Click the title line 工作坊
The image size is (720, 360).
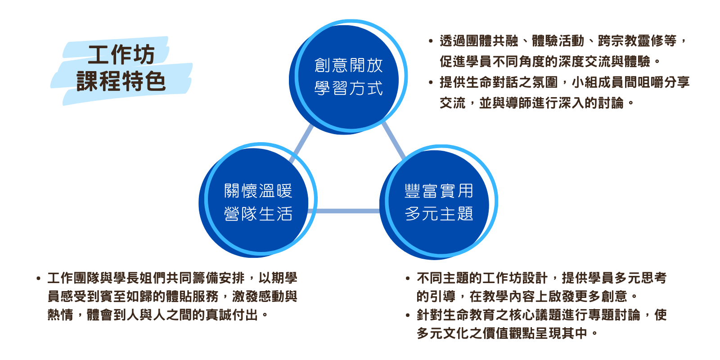[122, 55]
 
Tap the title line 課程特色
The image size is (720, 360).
[121, 81]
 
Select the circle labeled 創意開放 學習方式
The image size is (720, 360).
[348, 77]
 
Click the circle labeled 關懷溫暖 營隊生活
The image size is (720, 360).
[258, 200]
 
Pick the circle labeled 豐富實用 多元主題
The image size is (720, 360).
[439, 202]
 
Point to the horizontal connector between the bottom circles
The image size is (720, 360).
[344, 211]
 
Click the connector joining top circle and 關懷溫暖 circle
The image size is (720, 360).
[301, 144]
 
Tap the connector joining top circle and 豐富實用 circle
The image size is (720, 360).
[394, 140]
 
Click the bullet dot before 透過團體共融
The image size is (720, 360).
[431, 41]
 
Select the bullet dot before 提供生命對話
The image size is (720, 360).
[431, 83]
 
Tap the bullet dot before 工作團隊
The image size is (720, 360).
[39, 279]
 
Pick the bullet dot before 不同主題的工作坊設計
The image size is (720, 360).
[408, 279]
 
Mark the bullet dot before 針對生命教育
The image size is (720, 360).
[408, 315]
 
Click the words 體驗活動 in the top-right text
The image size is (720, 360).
[558, 41]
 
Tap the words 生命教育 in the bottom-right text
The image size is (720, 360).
[468, 315]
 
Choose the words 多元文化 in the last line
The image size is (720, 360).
[443, 333]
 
